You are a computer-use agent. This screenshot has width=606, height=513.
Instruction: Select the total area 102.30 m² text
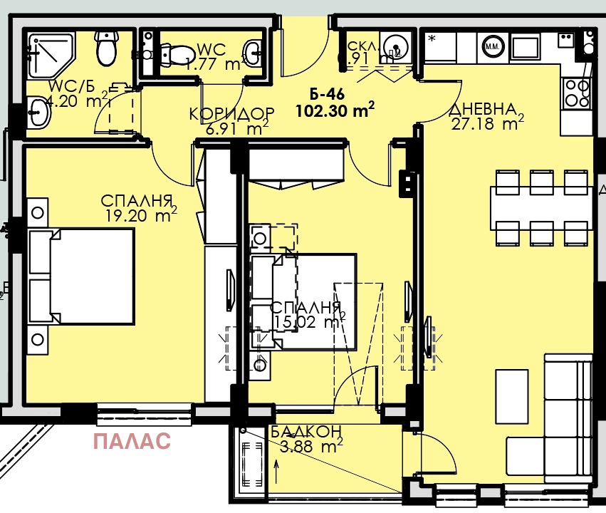(334, 110)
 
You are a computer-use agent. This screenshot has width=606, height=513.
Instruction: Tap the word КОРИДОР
(231, 114)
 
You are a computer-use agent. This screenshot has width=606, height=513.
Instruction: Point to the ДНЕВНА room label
(482, 110)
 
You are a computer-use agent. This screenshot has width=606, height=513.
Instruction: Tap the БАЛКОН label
(306, 431)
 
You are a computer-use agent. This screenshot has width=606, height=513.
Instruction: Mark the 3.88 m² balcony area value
(308, 446)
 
